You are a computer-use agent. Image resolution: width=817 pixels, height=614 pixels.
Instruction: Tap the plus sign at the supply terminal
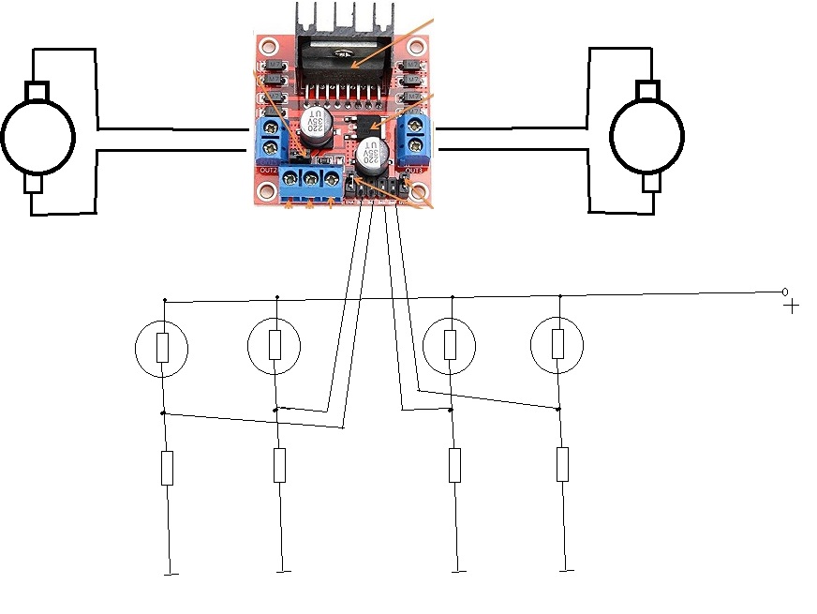(792, 306)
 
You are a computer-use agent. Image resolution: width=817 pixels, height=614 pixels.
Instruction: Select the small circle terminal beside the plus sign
(785, 292)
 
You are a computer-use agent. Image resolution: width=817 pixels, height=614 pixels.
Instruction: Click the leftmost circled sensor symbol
(162, 349)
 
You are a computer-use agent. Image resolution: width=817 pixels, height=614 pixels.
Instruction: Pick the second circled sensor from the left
(275, 345)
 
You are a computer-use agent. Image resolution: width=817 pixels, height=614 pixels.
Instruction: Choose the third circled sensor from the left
(451, 345)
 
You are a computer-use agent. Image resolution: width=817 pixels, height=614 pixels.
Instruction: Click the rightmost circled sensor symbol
(557, 345)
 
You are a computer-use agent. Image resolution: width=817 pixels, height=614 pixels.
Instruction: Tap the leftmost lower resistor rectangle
(167, 468)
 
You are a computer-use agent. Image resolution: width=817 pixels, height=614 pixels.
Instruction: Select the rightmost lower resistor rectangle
(562, 464)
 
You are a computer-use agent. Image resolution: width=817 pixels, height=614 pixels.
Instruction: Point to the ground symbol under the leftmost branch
(171, 574)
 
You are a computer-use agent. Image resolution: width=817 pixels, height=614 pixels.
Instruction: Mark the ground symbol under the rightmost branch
(566, 569)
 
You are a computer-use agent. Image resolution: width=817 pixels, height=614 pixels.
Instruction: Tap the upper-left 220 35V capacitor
(314, 125)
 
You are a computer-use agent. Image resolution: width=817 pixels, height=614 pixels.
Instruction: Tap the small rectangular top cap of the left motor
(37, 91)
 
